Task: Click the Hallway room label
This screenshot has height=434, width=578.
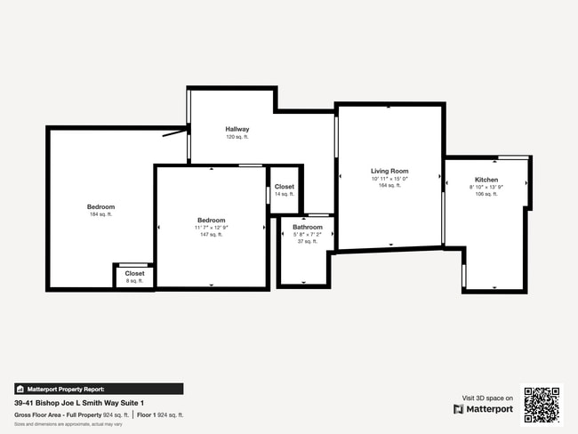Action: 237,129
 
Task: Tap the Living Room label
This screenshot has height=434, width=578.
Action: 389,171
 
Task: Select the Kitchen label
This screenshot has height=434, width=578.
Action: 486,180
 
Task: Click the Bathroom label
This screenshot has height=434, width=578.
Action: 308,228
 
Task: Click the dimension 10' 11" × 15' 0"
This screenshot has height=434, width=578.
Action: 389,179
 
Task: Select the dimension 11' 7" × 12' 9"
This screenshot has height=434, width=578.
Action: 211,228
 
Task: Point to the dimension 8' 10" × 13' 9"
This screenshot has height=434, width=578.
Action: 486,187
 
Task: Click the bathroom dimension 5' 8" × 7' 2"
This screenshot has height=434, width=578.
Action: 307,235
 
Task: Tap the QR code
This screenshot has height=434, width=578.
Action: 542,405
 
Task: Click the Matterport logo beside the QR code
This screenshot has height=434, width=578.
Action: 484,409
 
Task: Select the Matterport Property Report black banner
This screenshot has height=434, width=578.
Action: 99,389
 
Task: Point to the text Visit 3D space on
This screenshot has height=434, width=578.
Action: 488,398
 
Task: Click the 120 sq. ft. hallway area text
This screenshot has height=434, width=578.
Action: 237,137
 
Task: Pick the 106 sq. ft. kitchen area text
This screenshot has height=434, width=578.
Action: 486,194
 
